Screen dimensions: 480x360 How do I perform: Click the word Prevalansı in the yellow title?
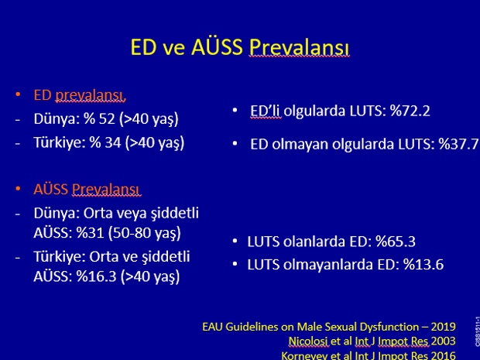click(299, 47)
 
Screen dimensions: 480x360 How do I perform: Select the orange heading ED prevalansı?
click(80, 95)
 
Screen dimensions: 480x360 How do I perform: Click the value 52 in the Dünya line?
click(107, 118)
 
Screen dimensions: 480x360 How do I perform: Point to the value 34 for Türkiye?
click(113, 142)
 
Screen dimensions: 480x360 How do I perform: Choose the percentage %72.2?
click(410, 111)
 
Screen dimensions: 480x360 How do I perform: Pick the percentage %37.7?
click(458, 144)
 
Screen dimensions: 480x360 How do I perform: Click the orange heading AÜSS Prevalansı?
click(87, 190)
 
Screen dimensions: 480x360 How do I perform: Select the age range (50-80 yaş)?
click(145, 234)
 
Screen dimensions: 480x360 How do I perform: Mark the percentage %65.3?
click(395, 242)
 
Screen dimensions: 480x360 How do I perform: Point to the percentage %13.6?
click(423, 265)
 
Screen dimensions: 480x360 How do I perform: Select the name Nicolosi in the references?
click(309, 341)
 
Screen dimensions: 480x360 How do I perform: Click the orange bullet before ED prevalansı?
click(18, 94)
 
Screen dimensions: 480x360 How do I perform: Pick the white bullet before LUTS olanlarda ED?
click(235, 241)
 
